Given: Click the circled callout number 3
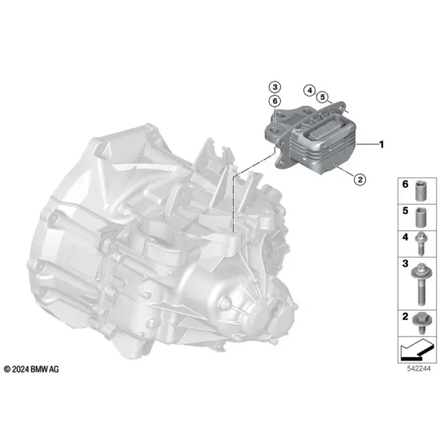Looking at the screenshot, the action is pyautogui.click(x=275, y=87).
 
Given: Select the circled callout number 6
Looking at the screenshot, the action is pyautogui.click(x=275, y=101).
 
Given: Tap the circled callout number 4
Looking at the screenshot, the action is pyautogui.click(x=309, y=90).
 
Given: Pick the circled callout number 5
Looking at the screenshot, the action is pyautogui.click(x=323, y=97).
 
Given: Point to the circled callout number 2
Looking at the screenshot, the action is pyautogui.click(x=360, y=179).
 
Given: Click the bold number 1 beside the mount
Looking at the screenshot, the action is pyautogui.click(x=381, y=145).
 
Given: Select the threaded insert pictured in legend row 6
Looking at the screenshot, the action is pyautogui.click(x=420, y=190).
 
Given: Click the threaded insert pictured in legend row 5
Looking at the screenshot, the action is pyautogui.click(x=420, y=218).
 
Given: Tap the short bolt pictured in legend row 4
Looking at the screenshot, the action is pyautogui.click(x=420, y=244).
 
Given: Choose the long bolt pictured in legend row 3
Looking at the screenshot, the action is pyautogui.click(x=420, y=284).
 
